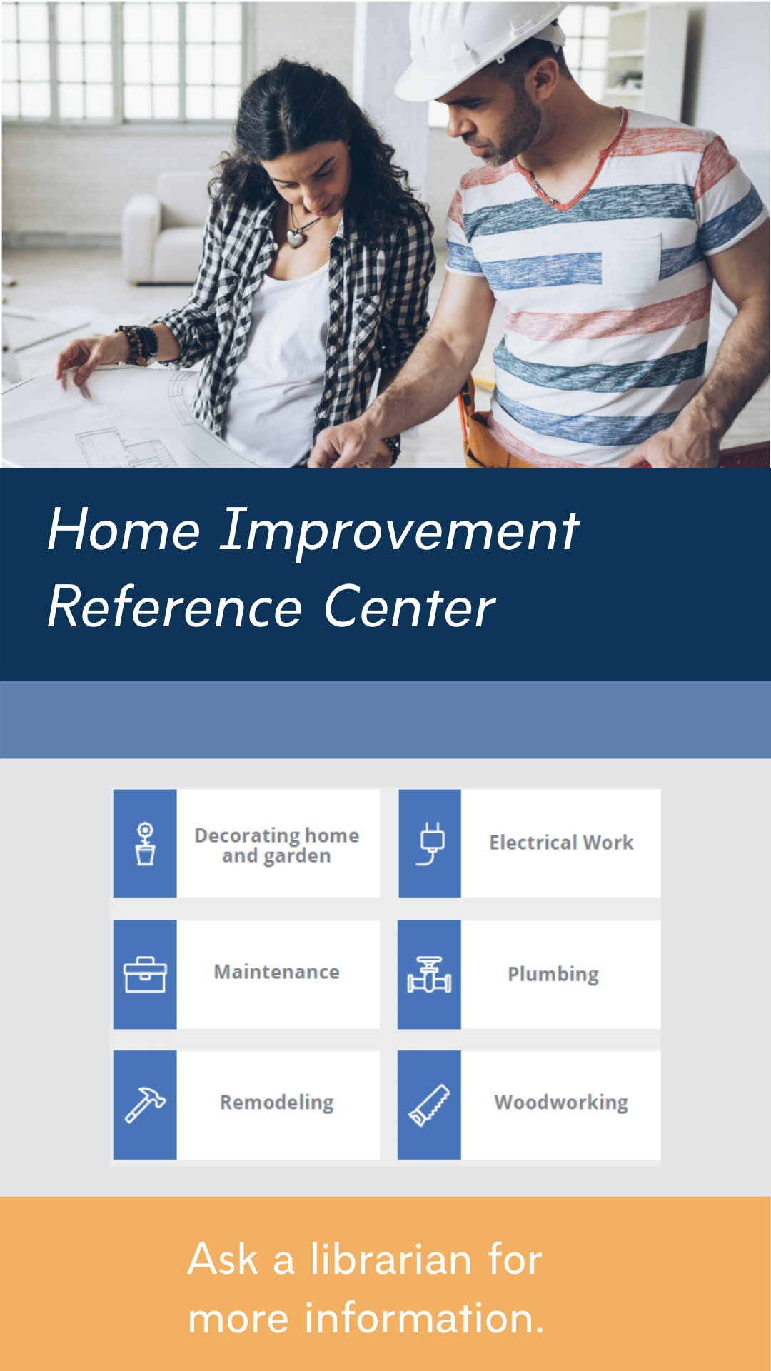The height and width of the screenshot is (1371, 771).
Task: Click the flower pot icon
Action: [x=146, y=843]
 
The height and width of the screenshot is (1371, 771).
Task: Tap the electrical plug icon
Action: [x=431, y=843]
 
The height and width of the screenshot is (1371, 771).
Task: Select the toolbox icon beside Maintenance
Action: [x=145, y=975]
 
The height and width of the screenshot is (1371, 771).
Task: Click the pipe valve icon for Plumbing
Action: [x=429, y=975]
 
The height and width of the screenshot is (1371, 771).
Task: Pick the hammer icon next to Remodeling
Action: [x=145, y=1105]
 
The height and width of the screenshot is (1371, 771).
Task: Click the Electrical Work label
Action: [x=561, y=843]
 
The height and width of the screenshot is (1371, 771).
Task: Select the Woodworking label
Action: [x=561, y=1103]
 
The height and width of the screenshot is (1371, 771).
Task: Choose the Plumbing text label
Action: [x=553, y=975]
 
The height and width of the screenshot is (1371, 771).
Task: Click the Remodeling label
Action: [x=277, y=1103]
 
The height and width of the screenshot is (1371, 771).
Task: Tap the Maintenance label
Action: [x=277, y=973]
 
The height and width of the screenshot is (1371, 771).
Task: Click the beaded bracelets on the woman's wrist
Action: [x=140, y=346]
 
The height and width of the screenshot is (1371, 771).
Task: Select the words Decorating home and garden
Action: [x=277, y=846]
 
